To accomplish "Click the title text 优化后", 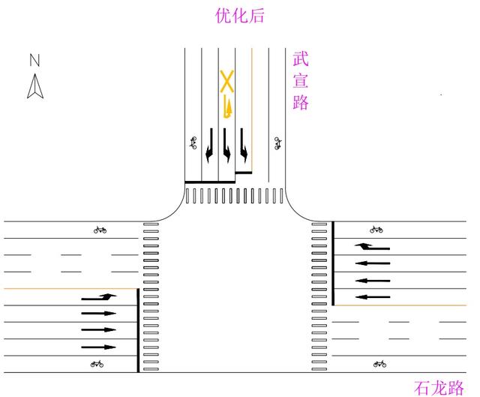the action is click(240, 16).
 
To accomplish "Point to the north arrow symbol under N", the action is click(35, 88).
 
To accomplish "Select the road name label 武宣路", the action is click(301, 81).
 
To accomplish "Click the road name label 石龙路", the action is click(439, 388).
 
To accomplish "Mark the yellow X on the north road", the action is click(226, 82).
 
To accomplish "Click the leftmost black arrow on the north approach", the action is click(209, 145).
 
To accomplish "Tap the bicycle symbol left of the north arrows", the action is click(193, 143).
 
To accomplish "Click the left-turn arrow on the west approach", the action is click(100, 297).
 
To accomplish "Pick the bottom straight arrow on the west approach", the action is click(99, 347).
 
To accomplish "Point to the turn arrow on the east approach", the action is click(373, 246).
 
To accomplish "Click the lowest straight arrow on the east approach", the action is click(373, 297).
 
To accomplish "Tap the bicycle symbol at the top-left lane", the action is click(100, 230).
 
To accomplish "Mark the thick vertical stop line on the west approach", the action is click(138, 330).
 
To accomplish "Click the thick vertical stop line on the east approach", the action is click(333, 263).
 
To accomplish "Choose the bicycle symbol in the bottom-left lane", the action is click(96, 365).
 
